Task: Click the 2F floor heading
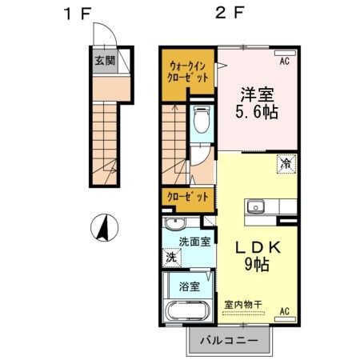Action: click(x=223, y=14)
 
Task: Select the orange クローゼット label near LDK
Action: click(x=187, y=196)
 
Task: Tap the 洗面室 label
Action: click(x=194, y=241)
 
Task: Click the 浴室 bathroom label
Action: click(x=190, y=286)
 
